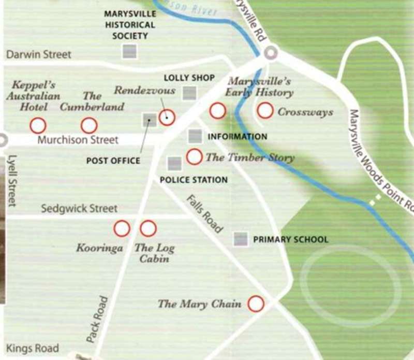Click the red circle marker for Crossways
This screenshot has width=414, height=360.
pyautogui.click(x=265, y=110)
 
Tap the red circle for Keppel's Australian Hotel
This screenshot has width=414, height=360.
pyautogui.click(x=37, y=125)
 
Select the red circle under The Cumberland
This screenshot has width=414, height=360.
pyautogui.click(x=89, y=125)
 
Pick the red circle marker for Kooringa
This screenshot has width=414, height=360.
pyautogui.click(x=122, y=228)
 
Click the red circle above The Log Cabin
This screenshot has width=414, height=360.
pyautogui.click(x=148, y=228)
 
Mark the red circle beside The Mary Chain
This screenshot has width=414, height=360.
pyautogui.click(x=256, y=304)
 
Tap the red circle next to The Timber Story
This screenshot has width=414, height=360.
pyautogui.click(x=194, y=156)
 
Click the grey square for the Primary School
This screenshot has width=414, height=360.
pyautogui.click(x=240, y=239)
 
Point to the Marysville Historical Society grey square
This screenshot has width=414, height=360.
pyautogui.click(x=129, y=51)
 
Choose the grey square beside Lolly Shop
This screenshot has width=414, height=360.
pyautogui.click(x=190, y=93)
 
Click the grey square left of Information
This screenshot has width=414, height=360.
pyautogui.click(x=195, y=136)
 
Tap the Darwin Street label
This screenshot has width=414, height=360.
pyautogui.click(x=39, y=54)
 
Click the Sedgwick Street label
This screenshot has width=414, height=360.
pyautogui.click(x=80, y=209)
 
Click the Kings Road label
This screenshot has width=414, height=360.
pyautogui.click(x=32, y=348)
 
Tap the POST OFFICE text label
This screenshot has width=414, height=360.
pyautogui.click(x=113, y=161)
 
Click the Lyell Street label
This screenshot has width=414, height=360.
pyautogui.click(x=13, y=181)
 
